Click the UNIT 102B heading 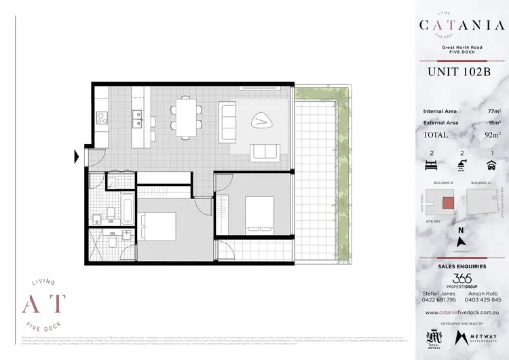tap(459, 72)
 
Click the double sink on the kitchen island tap(137, 115)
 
